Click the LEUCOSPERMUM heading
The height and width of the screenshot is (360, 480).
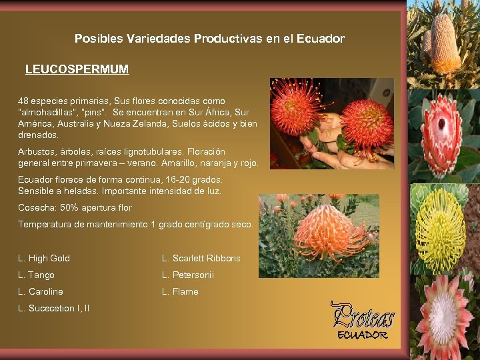(x=77, y=69)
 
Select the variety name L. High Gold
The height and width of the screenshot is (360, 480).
(x=44, y=259)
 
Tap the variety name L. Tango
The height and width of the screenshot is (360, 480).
(x=37, y=275)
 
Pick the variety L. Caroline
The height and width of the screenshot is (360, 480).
(x=41, y=292)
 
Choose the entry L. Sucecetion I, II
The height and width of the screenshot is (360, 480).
(x=54, y=309)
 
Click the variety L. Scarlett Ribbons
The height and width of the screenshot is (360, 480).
(x=201, y=259)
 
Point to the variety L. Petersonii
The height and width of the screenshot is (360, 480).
(x=188, y=275)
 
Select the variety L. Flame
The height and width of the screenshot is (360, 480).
(x=180, y=292)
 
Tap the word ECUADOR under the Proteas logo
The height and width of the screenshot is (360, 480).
(x=363, y=335)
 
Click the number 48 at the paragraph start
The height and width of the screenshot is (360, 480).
(x=23, y=101)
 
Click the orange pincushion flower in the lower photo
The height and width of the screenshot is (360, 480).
(x=327, y=233)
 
